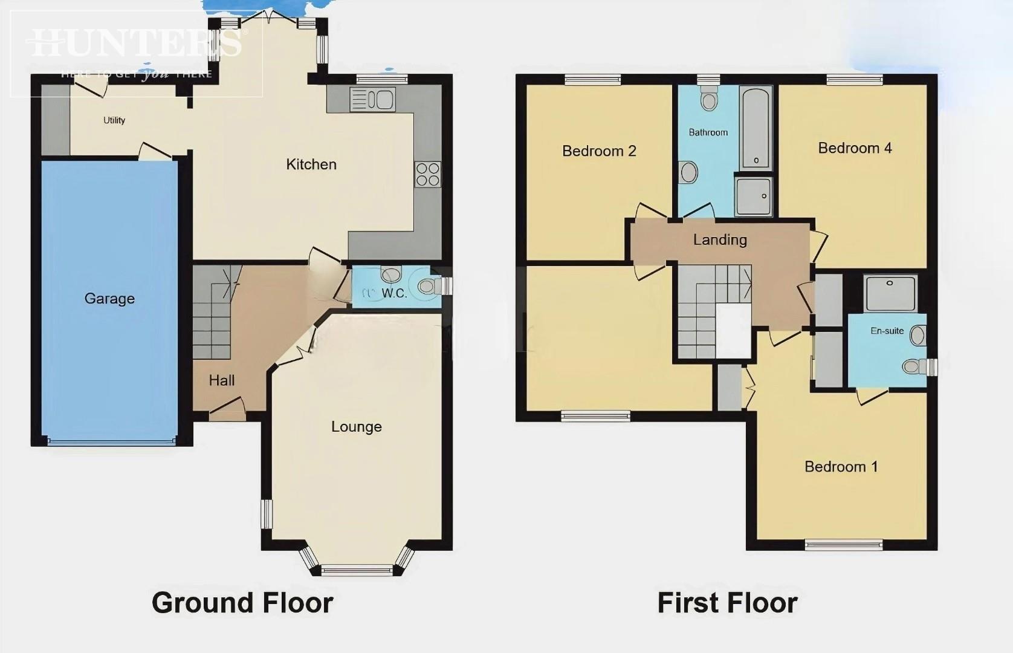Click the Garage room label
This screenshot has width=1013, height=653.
tap(109, 299)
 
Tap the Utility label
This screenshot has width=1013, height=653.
tap(114, 120)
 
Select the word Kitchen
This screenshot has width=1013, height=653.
tap(311, 164)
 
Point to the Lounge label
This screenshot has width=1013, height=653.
tap(357, 427)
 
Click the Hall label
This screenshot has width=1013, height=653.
tap(222, 380)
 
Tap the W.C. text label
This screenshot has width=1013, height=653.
tap(394, 294)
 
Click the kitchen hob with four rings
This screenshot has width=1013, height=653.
tap(427, 175)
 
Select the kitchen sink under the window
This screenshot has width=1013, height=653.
tap(373, 99)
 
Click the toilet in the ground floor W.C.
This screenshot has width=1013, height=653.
tap(431, 285)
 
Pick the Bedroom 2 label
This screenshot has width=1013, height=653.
tap(599, 151)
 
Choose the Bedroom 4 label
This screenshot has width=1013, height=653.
tap(855, 148)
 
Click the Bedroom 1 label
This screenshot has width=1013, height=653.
tap(841, 467)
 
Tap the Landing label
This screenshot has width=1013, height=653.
tap(720, 240)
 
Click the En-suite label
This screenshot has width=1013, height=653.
tap(887, 331)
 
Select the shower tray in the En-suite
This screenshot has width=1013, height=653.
tap(890, 293)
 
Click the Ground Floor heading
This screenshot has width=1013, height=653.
tap(242, 603)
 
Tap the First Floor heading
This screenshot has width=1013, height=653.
tap(727, 603)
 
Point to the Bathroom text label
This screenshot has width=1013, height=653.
tap(708, 132)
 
